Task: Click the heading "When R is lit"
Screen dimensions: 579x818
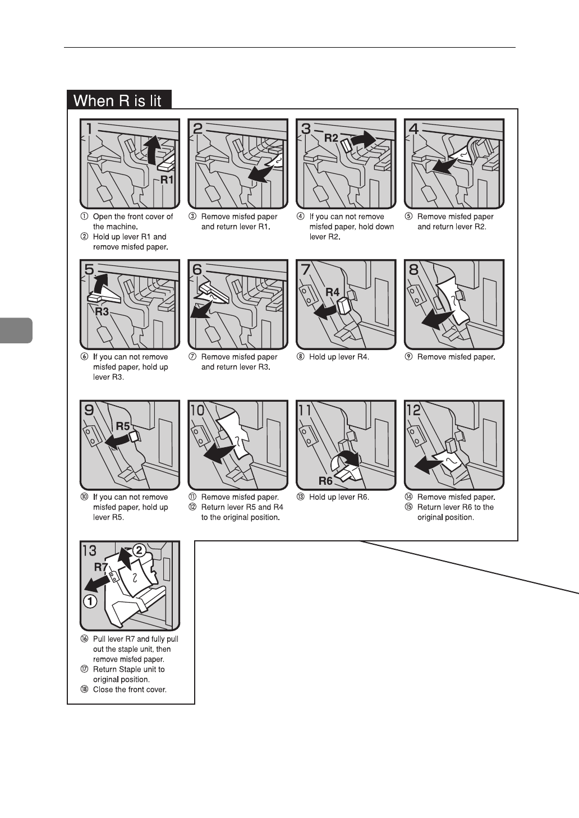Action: coord(118,100)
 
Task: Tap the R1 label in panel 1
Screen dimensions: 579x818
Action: coord(167,180)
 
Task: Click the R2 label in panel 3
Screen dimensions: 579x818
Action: coord(331,138)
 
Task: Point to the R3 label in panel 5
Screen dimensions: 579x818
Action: coord(102,311)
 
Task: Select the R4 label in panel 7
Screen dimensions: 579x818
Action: coord(333,292)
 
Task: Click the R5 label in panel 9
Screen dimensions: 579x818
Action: coord(122,426)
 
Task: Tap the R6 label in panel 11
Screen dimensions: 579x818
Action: coord(325,481)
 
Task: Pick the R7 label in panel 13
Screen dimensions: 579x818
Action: coord(101,567)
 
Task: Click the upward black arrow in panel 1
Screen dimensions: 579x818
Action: coord(149,151)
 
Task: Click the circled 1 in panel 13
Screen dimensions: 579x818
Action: coord(90,602)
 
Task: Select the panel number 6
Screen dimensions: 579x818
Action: coord(197,270)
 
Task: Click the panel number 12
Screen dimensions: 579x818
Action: coord(413,410)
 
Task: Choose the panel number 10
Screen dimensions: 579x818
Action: coord(197,410)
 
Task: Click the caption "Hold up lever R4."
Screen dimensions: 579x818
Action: coord(339,357)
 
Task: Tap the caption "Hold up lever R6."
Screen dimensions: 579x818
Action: coord(339,497)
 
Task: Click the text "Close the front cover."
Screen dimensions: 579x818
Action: coord(130,690)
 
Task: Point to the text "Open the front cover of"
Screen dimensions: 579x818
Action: coord(133,217)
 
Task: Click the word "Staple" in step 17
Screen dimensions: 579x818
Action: coord(131,669)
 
